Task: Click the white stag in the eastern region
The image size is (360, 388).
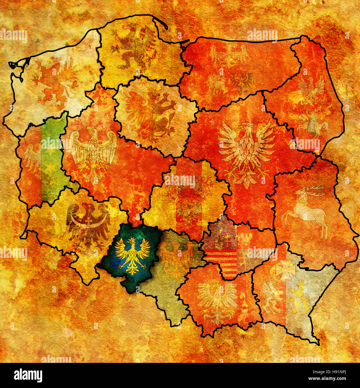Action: (306, 209)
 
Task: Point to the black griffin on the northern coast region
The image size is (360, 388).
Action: (134, 46)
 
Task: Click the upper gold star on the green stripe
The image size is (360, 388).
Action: (50, 151)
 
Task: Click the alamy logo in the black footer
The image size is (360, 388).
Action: (28, 375)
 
